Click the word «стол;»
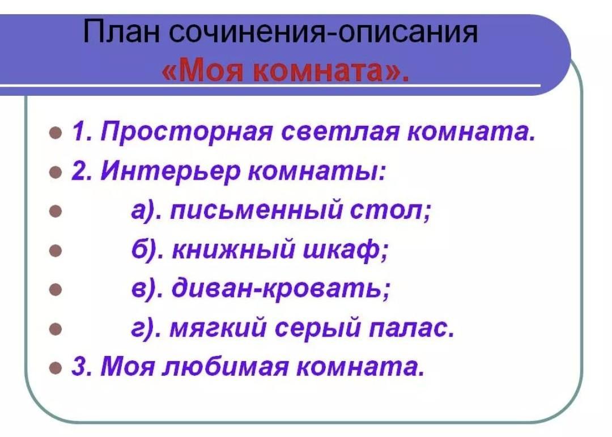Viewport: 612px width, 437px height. pos(390,211)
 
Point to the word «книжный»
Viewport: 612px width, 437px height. pos(233,249)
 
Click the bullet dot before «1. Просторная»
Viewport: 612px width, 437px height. pos(56,133)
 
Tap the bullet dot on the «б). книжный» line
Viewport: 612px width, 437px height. pos(56,251)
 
